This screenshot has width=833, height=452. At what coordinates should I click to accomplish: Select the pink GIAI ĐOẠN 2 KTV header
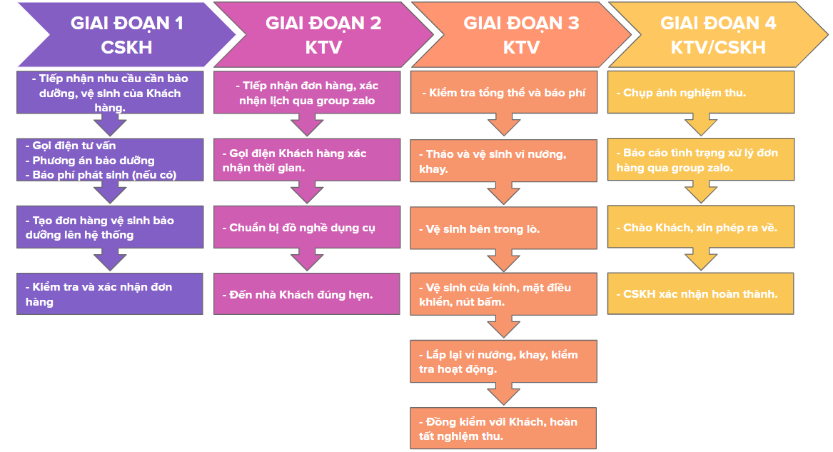[324, 35]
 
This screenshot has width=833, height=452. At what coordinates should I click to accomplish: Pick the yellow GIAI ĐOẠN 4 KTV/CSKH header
[718, 35]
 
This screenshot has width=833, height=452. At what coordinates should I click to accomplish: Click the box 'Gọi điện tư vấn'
[110, 160]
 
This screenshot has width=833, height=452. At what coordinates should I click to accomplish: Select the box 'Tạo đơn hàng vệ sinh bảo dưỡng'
[110, 227]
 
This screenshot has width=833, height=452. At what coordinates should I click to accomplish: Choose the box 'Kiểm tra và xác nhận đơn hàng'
[110, 293]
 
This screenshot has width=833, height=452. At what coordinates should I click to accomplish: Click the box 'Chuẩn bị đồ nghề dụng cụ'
[307, 227]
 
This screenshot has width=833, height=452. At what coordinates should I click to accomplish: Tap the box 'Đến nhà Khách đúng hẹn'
[307, 293]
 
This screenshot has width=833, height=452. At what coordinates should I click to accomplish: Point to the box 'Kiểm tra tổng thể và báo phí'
[504, 92]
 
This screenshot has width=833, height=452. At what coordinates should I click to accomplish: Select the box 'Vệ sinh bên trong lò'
[504, 228]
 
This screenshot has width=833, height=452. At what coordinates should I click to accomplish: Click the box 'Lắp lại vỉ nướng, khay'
[504, 361]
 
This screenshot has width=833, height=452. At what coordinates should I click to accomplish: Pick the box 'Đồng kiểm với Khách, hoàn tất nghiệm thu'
[503, 428]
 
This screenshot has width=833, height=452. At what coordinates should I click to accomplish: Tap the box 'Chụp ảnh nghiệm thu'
[701, 92]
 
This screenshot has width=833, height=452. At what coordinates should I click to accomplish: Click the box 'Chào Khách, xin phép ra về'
[701, 227]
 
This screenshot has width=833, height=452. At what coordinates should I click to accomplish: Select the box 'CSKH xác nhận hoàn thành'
[701, 293]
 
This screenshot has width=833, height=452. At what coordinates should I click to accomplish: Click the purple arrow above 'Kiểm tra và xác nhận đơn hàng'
[110, 259]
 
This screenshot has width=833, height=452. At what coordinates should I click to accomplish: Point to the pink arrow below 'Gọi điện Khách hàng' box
[307, 192]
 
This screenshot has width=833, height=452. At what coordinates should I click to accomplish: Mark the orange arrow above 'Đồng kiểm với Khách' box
[504, 393]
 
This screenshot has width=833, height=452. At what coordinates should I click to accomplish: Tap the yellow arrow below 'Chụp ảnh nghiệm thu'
[701, 124]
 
